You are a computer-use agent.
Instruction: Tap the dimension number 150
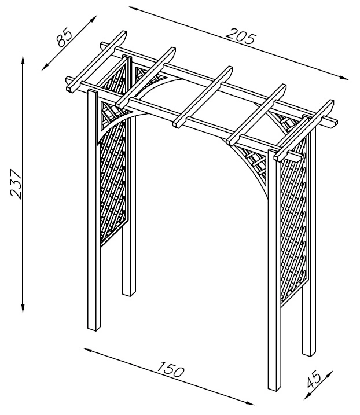tap(170, 371)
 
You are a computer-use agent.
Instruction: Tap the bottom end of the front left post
tap(93, 329)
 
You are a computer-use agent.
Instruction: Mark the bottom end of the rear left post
tap(128, 293)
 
